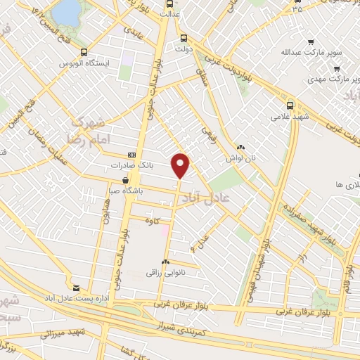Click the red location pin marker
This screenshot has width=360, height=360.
(x=181, y=165)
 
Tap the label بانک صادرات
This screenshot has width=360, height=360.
(x=127, y=166)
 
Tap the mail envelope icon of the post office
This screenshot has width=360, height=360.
(x=76, y=288)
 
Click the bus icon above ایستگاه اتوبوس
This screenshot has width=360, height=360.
(x=84, y=52)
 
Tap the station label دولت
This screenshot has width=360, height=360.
(x=185, y=50)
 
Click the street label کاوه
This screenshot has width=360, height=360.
(x=148, y=222)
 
